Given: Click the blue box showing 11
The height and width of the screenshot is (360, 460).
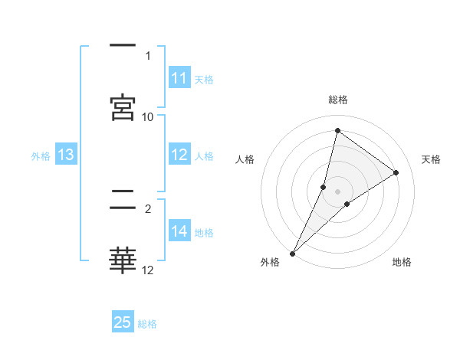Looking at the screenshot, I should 179,78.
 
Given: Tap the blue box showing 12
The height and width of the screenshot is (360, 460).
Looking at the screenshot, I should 179,155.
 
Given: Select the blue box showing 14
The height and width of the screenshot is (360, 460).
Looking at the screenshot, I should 179,231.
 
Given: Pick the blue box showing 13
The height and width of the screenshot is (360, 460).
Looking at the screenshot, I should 66,155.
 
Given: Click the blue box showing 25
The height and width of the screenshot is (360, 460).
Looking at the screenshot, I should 123,322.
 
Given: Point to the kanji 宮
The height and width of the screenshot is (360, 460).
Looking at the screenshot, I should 123,106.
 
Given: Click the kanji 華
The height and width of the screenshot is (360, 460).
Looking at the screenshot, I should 123,260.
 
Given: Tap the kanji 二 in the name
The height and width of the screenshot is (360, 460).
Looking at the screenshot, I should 123,200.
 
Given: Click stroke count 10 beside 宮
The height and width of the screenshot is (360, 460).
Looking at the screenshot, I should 148,116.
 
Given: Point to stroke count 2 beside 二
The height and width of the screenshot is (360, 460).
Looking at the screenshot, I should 148,208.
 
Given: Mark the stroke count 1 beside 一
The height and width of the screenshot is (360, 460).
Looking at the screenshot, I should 148,55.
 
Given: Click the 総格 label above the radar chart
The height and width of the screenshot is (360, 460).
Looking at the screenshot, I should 338,100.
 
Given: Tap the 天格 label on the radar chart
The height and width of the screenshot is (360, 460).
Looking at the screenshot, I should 432,159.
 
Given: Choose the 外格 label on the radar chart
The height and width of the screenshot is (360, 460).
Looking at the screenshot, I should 270,263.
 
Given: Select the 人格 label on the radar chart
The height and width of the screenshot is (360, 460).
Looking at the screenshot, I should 245,159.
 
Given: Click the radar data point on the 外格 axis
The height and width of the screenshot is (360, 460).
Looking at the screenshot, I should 292,253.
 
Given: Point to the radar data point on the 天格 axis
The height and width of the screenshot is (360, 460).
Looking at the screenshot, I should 396,172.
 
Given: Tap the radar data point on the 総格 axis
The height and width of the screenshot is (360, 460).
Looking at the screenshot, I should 337,130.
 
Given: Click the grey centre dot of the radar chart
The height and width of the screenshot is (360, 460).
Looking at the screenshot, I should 338,191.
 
